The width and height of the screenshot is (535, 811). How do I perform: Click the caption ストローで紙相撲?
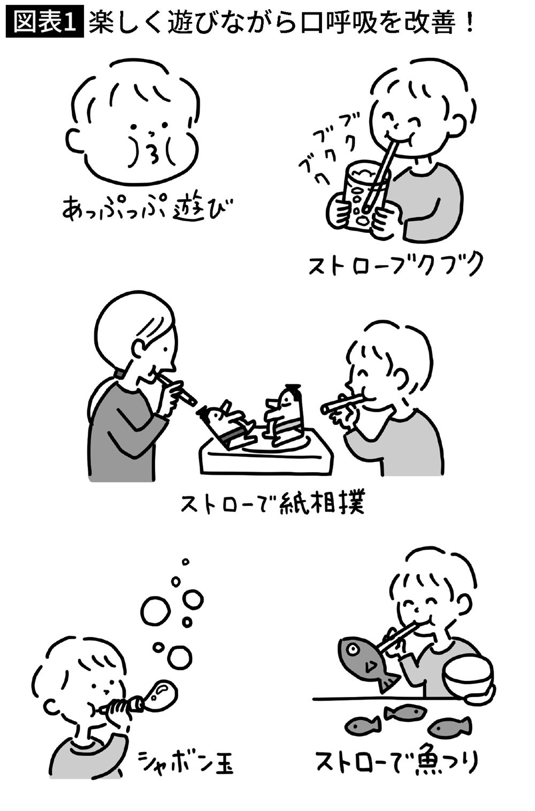[272, 503]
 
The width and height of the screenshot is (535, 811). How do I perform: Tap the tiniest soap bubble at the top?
[186, 562]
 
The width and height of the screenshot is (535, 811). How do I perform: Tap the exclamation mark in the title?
[470, 23]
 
